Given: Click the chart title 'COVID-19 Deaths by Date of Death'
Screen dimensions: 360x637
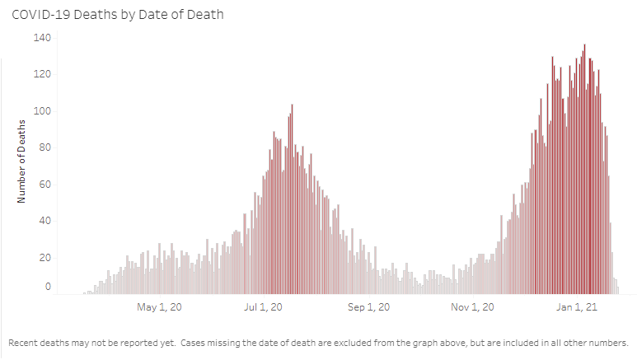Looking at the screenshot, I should point(117,15).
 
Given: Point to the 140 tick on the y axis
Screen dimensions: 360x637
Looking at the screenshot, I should point(42,38).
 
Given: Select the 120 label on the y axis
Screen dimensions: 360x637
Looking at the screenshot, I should point(42,75).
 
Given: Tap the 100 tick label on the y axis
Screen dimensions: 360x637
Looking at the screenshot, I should point(42,111).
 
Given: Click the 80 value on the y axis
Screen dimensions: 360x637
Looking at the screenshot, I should point(44,148).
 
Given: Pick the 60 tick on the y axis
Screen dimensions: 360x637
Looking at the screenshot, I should point(44,185).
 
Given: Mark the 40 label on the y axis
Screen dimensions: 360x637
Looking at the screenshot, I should point(44,221).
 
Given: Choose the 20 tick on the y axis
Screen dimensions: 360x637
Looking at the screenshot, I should point(44,258).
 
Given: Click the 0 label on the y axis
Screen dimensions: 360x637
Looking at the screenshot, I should point(48,287).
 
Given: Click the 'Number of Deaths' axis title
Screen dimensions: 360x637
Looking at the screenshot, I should point(22,161).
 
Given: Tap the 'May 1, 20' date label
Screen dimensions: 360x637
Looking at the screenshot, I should point(157,308).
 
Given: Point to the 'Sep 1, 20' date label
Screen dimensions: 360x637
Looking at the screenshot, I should point(368,308).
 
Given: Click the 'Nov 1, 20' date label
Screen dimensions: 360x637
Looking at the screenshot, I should point(474,308).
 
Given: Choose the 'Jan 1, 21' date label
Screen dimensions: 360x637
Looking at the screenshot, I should point(577,308).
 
